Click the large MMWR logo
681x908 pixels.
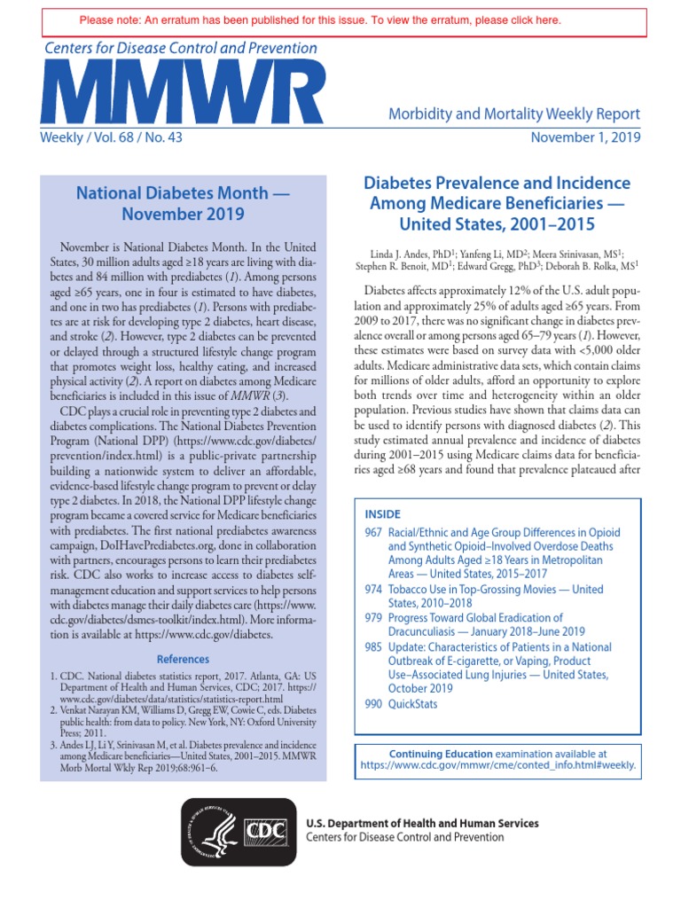(x=182, y=94)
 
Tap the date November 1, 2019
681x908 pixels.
(x=585, y=137)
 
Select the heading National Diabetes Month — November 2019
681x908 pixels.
(x=184, y=202)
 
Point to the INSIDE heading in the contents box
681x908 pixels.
(x=383, y=514)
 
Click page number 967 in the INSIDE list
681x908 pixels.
(x=373, y=533)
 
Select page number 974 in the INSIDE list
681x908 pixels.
(x=373, y=590)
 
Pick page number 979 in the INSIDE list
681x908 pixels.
(x=373, y=618)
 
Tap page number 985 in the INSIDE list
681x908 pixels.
(x=373, y=646)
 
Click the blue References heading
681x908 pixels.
(x=184, y=660)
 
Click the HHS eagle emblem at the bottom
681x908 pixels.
(x=213, y=831)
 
